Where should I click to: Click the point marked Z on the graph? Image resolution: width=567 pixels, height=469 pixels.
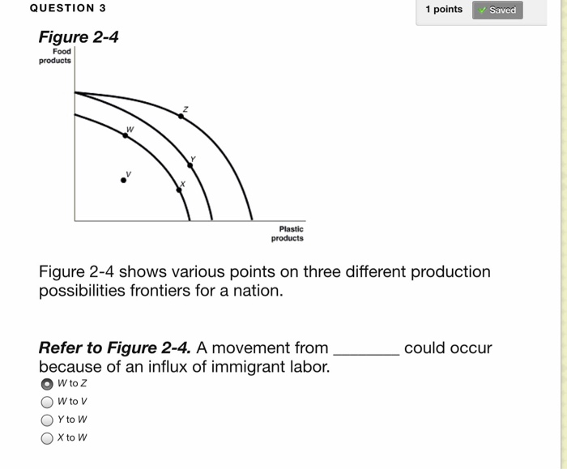(181, 116)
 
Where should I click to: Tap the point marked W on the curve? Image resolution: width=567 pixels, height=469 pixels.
(126, 136)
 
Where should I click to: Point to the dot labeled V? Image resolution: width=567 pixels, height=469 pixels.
(123, 180)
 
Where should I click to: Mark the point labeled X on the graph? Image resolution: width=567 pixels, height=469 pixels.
(179, 190)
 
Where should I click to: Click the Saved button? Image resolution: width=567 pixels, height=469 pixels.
(498, 10)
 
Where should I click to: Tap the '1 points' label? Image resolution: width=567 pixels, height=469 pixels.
(444, 10)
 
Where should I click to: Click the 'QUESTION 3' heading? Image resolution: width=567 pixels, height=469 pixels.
(67, 8)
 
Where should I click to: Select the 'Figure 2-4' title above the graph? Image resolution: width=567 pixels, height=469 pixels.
(79, 37)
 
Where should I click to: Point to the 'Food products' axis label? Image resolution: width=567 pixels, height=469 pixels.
(56, 56)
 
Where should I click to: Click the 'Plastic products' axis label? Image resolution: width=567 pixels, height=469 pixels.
(288, 234)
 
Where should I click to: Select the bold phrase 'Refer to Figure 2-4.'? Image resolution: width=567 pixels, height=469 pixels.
(115, 348)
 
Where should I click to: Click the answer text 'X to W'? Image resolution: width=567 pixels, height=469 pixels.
(73, 437)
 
